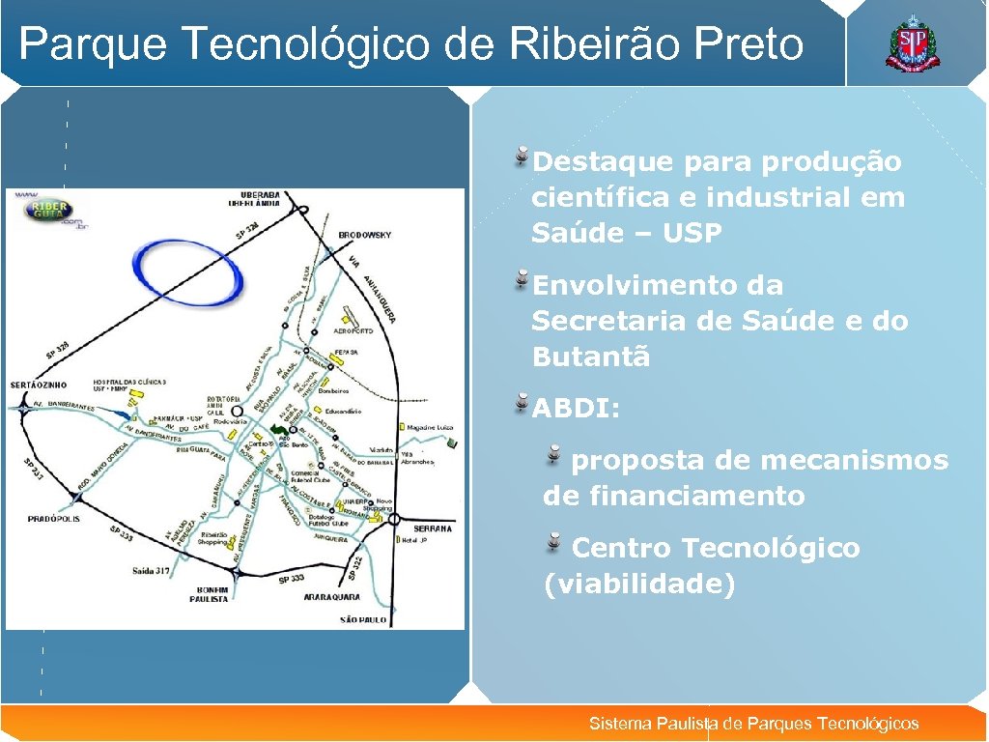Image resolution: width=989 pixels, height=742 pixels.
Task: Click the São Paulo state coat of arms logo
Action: point(911,43)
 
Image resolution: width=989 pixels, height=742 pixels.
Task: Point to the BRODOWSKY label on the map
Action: point(365,235)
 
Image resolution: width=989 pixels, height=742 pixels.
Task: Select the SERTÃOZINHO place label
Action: point(38,385)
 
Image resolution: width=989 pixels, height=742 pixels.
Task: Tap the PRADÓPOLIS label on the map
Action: point(54,519)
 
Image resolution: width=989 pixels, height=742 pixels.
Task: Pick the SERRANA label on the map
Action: point(433,528)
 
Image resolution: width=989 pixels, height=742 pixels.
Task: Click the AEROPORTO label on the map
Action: point(353,330)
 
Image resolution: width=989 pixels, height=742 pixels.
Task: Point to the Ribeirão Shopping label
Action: point(214,539)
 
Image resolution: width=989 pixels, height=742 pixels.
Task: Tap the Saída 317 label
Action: point(152,571)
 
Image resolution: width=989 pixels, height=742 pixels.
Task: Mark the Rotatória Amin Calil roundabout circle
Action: point(237,411)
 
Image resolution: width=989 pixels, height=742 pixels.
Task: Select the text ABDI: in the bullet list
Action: point(576,409)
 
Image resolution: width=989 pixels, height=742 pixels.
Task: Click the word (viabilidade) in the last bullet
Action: point(638,585)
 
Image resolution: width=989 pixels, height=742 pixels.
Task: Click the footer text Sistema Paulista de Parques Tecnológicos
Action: point(753,724)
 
